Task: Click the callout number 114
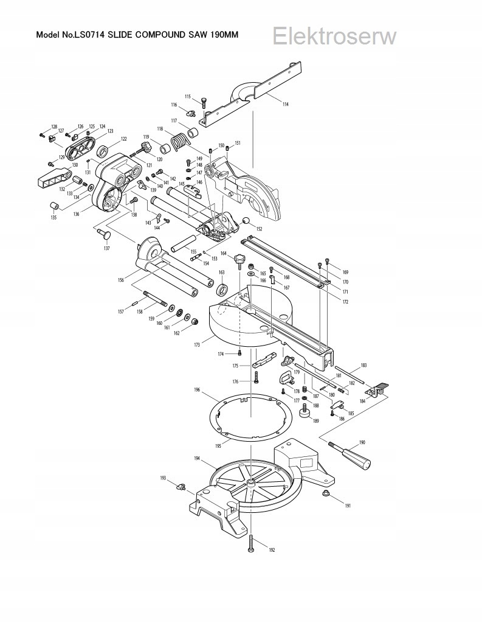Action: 286,104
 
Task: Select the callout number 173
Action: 197,345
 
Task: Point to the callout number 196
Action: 197,389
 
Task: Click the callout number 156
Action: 121,280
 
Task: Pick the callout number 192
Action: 272,550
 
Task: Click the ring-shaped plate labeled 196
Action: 250,420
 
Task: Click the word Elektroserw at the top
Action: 334,37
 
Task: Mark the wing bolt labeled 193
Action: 182,486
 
